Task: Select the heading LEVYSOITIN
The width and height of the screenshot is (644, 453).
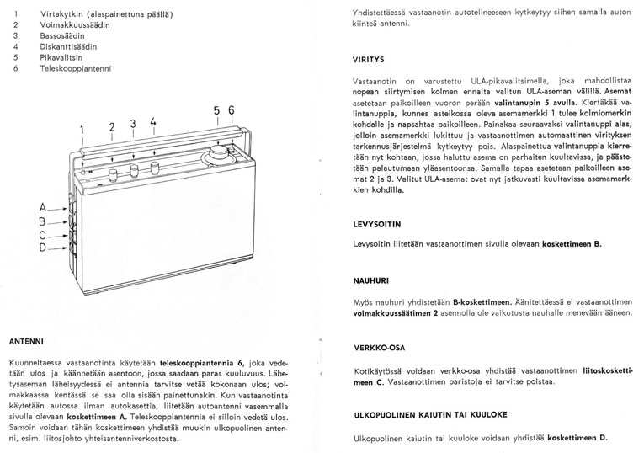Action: (376, 225)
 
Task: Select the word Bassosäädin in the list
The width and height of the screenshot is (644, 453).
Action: (63, 36)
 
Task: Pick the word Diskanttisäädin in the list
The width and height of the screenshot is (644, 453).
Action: (69, 47)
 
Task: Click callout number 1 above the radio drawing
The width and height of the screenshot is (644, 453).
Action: (82, 129)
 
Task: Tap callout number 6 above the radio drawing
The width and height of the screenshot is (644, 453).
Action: (232, 110)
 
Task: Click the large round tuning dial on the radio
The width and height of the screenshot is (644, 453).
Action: (220, 156)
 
